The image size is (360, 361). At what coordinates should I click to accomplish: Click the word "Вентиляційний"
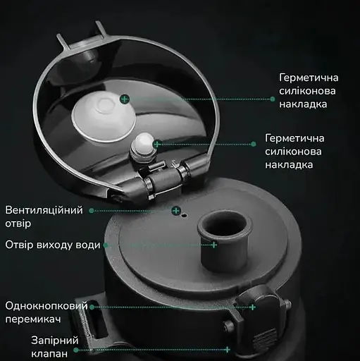coord(44,211)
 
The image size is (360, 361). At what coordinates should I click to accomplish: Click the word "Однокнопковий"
coord(46,307)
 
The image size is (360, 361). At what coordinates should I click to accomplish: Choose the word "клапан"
coord(49,353)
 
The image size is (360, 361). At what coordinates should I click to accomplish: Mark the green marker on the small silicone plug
coord(156,143)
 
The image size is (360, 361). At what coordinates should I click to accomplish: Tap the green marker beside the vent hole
coord(177,210)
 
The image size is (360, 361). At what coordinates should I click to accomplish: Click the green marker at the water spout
coord(214,245)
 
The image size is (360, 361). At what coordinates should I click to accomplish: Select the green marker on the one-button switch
coord(252,307)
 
